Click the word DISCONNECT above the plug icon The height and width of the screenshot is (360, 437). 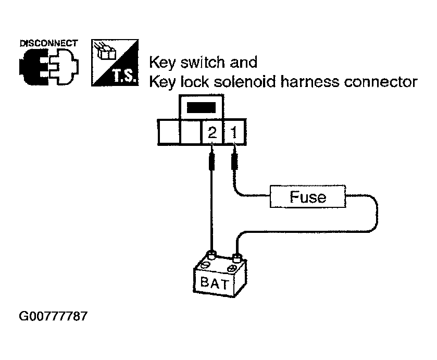click(x=49, y=43)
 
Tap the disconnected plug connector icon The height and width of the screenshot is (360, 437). click(x=49, y=66)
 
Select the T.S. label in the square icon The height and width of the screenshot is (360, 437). click(x=125, y=76)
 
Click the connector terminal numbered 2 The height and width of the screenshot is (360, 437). click(x=212, y=132)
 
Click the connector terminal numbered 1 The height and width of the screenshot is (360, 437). click(x=234, y=132)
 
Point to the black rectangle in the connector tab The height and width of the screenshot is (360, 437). click(x=201, y=108)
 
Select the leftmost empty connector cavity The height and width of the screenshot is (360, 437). click(x=169, y=132)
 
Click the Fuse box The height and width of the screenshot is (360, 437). click(x=308, y=196)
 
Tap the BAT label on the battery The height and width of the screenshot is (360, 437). click(x=214, y=283)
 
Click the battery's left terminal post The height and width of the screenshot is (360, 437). click(x=211, y=255)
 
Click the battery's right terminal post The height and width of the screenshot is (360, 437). click(x=236, y=258)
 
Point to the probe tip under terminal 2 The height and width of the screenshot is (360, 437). click(x=212, y=145)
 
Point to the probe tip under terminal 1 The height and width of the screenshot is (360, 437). click(x=234, y=145)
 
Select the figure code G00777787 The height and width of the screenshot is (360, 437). click(x=53, y=316)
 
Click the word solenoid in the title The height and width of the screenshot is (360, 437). click(x=245, y=82)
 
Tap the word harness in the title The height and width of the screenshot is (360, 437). click(x=310, y=82)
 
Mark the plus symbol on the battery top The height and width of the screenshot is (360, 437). click(x=231, y=269)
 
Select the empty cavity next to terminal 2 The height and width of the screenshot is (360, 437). click(x=191, y=132)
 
